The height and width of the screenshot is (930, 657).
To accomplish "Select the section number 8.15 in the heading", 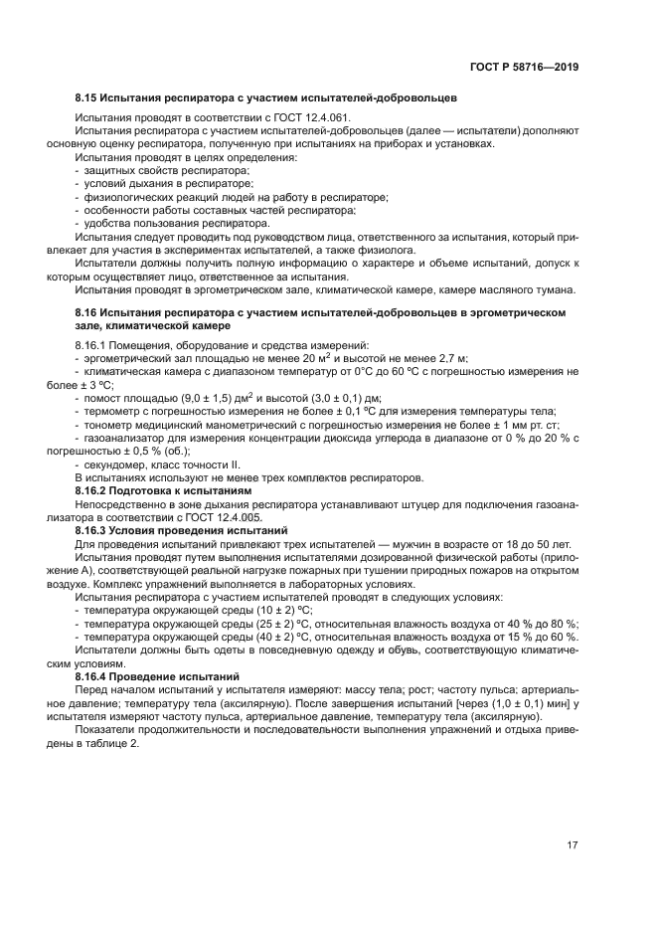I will coord(87,99).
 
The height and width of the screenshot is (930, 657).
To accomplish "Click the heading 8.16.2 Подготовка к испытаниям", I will coord(165,491).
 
